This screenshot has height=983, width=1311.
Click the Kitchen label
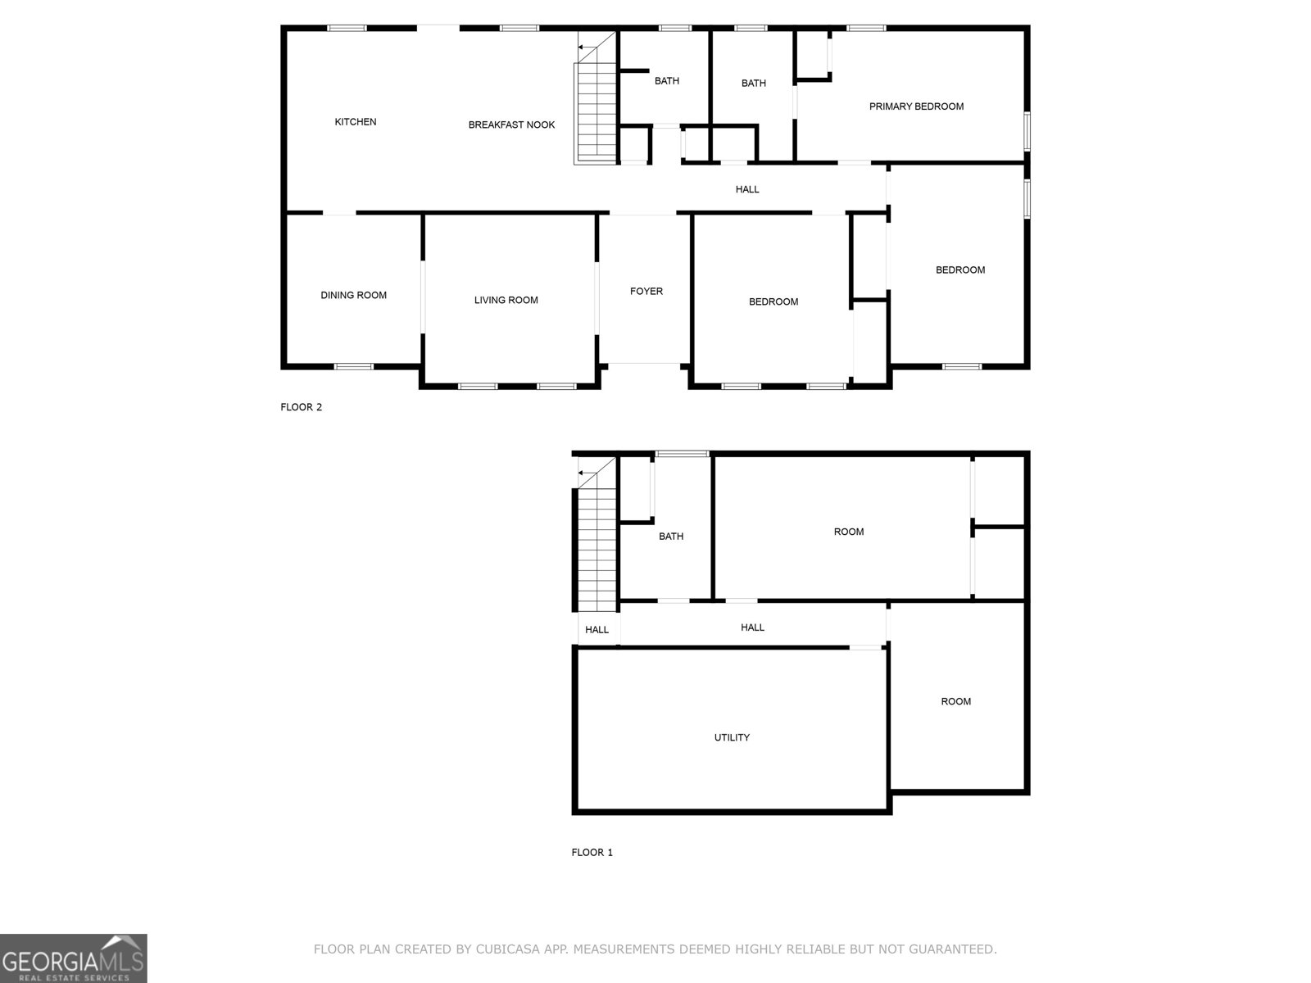tap(356, 122)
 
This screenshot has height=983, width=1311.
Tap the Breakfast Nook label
tap(511, 125)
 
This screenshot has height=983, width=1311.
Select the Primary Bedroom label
tap(916, 106)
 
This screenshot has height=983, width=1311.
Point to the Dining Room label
tap(353, 296)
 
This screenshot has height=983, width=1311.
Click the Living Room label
tap(506, 301)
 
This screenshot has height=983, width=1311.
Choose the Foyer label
tap(646, 292)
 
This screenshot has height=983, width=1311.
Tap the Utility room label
tap(732, 738)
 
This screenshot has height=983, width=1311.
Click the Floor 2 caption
tap(301, 407)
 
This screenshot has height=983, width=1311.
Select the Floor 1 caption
tap(592, 853)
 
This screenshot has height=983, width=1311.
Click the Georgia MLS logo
tap(73, 958)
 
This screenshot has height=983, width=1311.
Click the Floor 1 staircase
tap(597, 545)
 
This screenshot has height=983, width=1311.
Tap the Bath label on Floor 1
tap(671, 537)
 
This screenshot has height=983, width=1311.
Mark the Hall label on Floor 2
tap(747, 190)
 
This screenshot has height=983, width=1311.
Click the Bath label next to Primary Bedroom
tap(754, 84)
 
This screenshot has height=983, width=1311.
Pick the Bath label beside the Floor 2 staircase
tap(667, 81)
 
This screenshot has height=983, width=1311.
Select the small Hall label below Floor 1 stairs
tap(597, 630)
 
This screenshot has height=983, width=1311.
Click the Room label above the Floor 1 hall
tap(849, 532)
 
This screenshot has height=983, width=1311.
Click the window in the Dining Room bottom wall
tap(354, 366)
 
